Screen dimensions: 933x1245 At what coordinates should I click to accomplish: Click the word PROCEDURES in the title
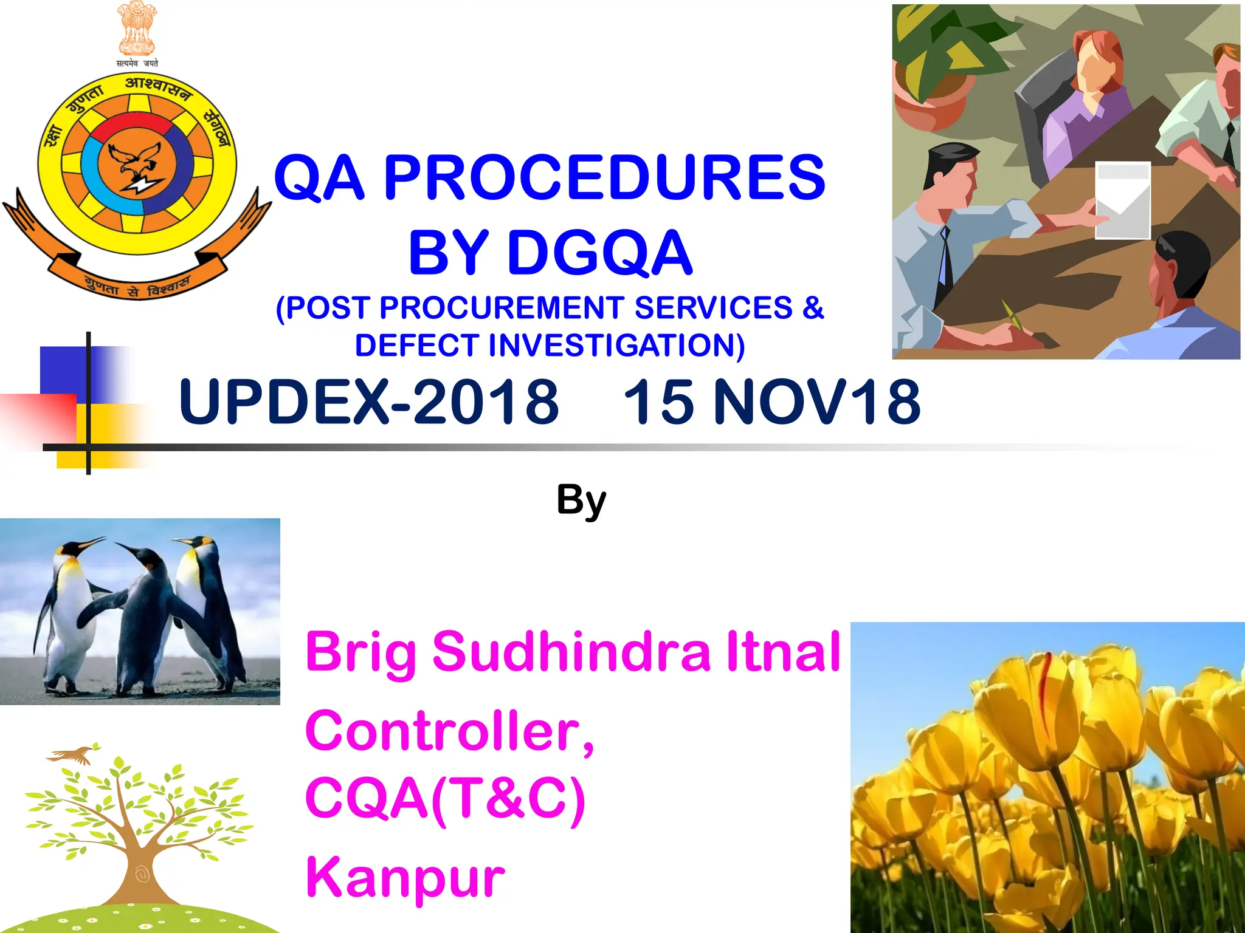pos(604,177)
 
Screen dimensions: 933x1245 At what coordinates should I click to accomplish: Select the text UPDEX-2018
pos(368,402)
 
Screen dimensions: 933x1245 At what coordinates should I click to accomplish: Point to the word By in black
pos(581,501)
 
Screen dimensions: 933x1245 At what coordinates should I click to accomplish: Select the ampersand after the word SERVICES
pos(812,307)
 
